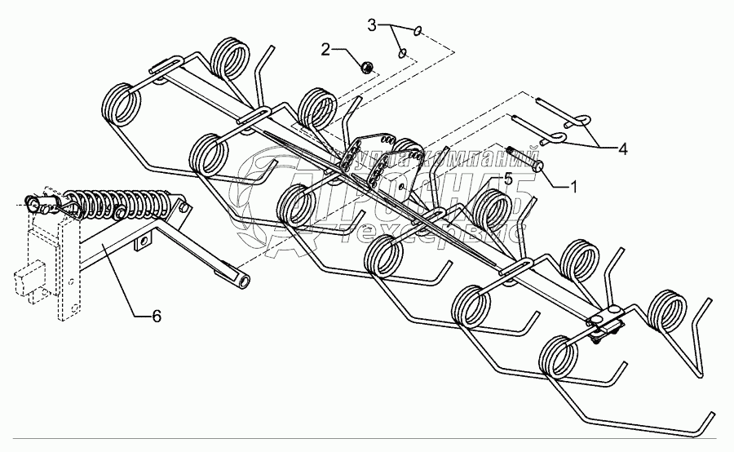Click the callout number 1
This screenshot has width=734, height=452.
572,186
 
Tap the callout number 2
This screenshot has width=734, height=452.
327,51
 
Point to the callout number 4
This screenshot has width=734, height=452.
622,149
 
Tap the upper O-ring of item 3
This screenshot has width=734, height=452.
418,32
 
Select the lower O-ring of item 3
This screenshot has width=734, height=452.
403,55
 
